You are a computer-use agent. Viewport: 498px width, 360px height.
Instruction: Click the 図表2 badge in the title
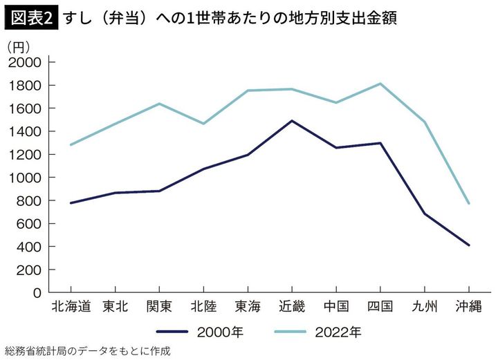[x=30, y=17]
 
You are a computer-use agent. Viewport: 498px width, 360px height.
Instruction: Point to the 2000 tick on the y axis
[x=25, y=62]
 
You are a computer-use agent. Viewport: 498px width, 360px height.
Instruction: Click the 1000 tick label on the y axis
[x=25, y=178]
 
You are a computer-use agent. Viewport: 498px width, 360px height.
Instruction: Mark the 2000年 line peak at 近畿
[x=292, y=121]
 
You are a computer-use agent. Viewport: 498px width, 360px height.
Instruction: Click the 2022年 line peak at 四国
[x=380, y=84]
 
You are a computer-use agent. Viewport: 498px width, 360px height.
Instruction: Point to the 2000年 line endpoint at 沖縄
[x=469, y=245]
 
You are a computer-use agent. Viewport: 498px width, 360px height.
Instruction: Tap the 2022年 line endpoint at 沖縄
[x=469, y=203]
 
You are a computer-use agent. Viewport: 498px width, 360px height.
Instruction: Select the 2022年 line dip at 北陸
[x=203, y=124]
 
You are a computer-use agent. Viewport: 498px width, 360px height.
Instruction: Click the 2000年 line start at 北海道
[x=71, y=203]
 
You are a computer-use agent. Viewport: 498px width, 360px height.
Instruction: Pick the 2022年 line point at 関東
[x=159, y=104]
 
